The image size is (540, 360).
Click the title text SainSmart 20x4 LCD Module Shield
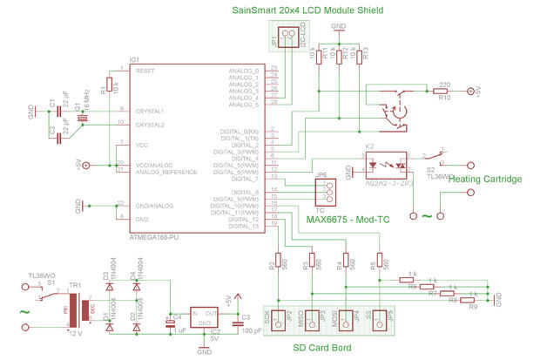point(308,10)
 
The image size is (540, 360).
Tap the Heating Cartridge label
point(485,179)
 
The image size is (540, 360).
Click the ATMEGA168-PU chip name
point(154,235)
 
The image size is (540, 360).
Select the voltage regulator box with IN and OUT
point(204,317)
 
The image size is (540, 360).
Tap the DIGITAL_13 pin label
point(243,226)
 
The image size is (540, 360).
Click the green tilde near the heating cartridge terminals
point(426,215)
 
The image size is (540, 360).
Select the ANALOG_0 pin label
point(244,70)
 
